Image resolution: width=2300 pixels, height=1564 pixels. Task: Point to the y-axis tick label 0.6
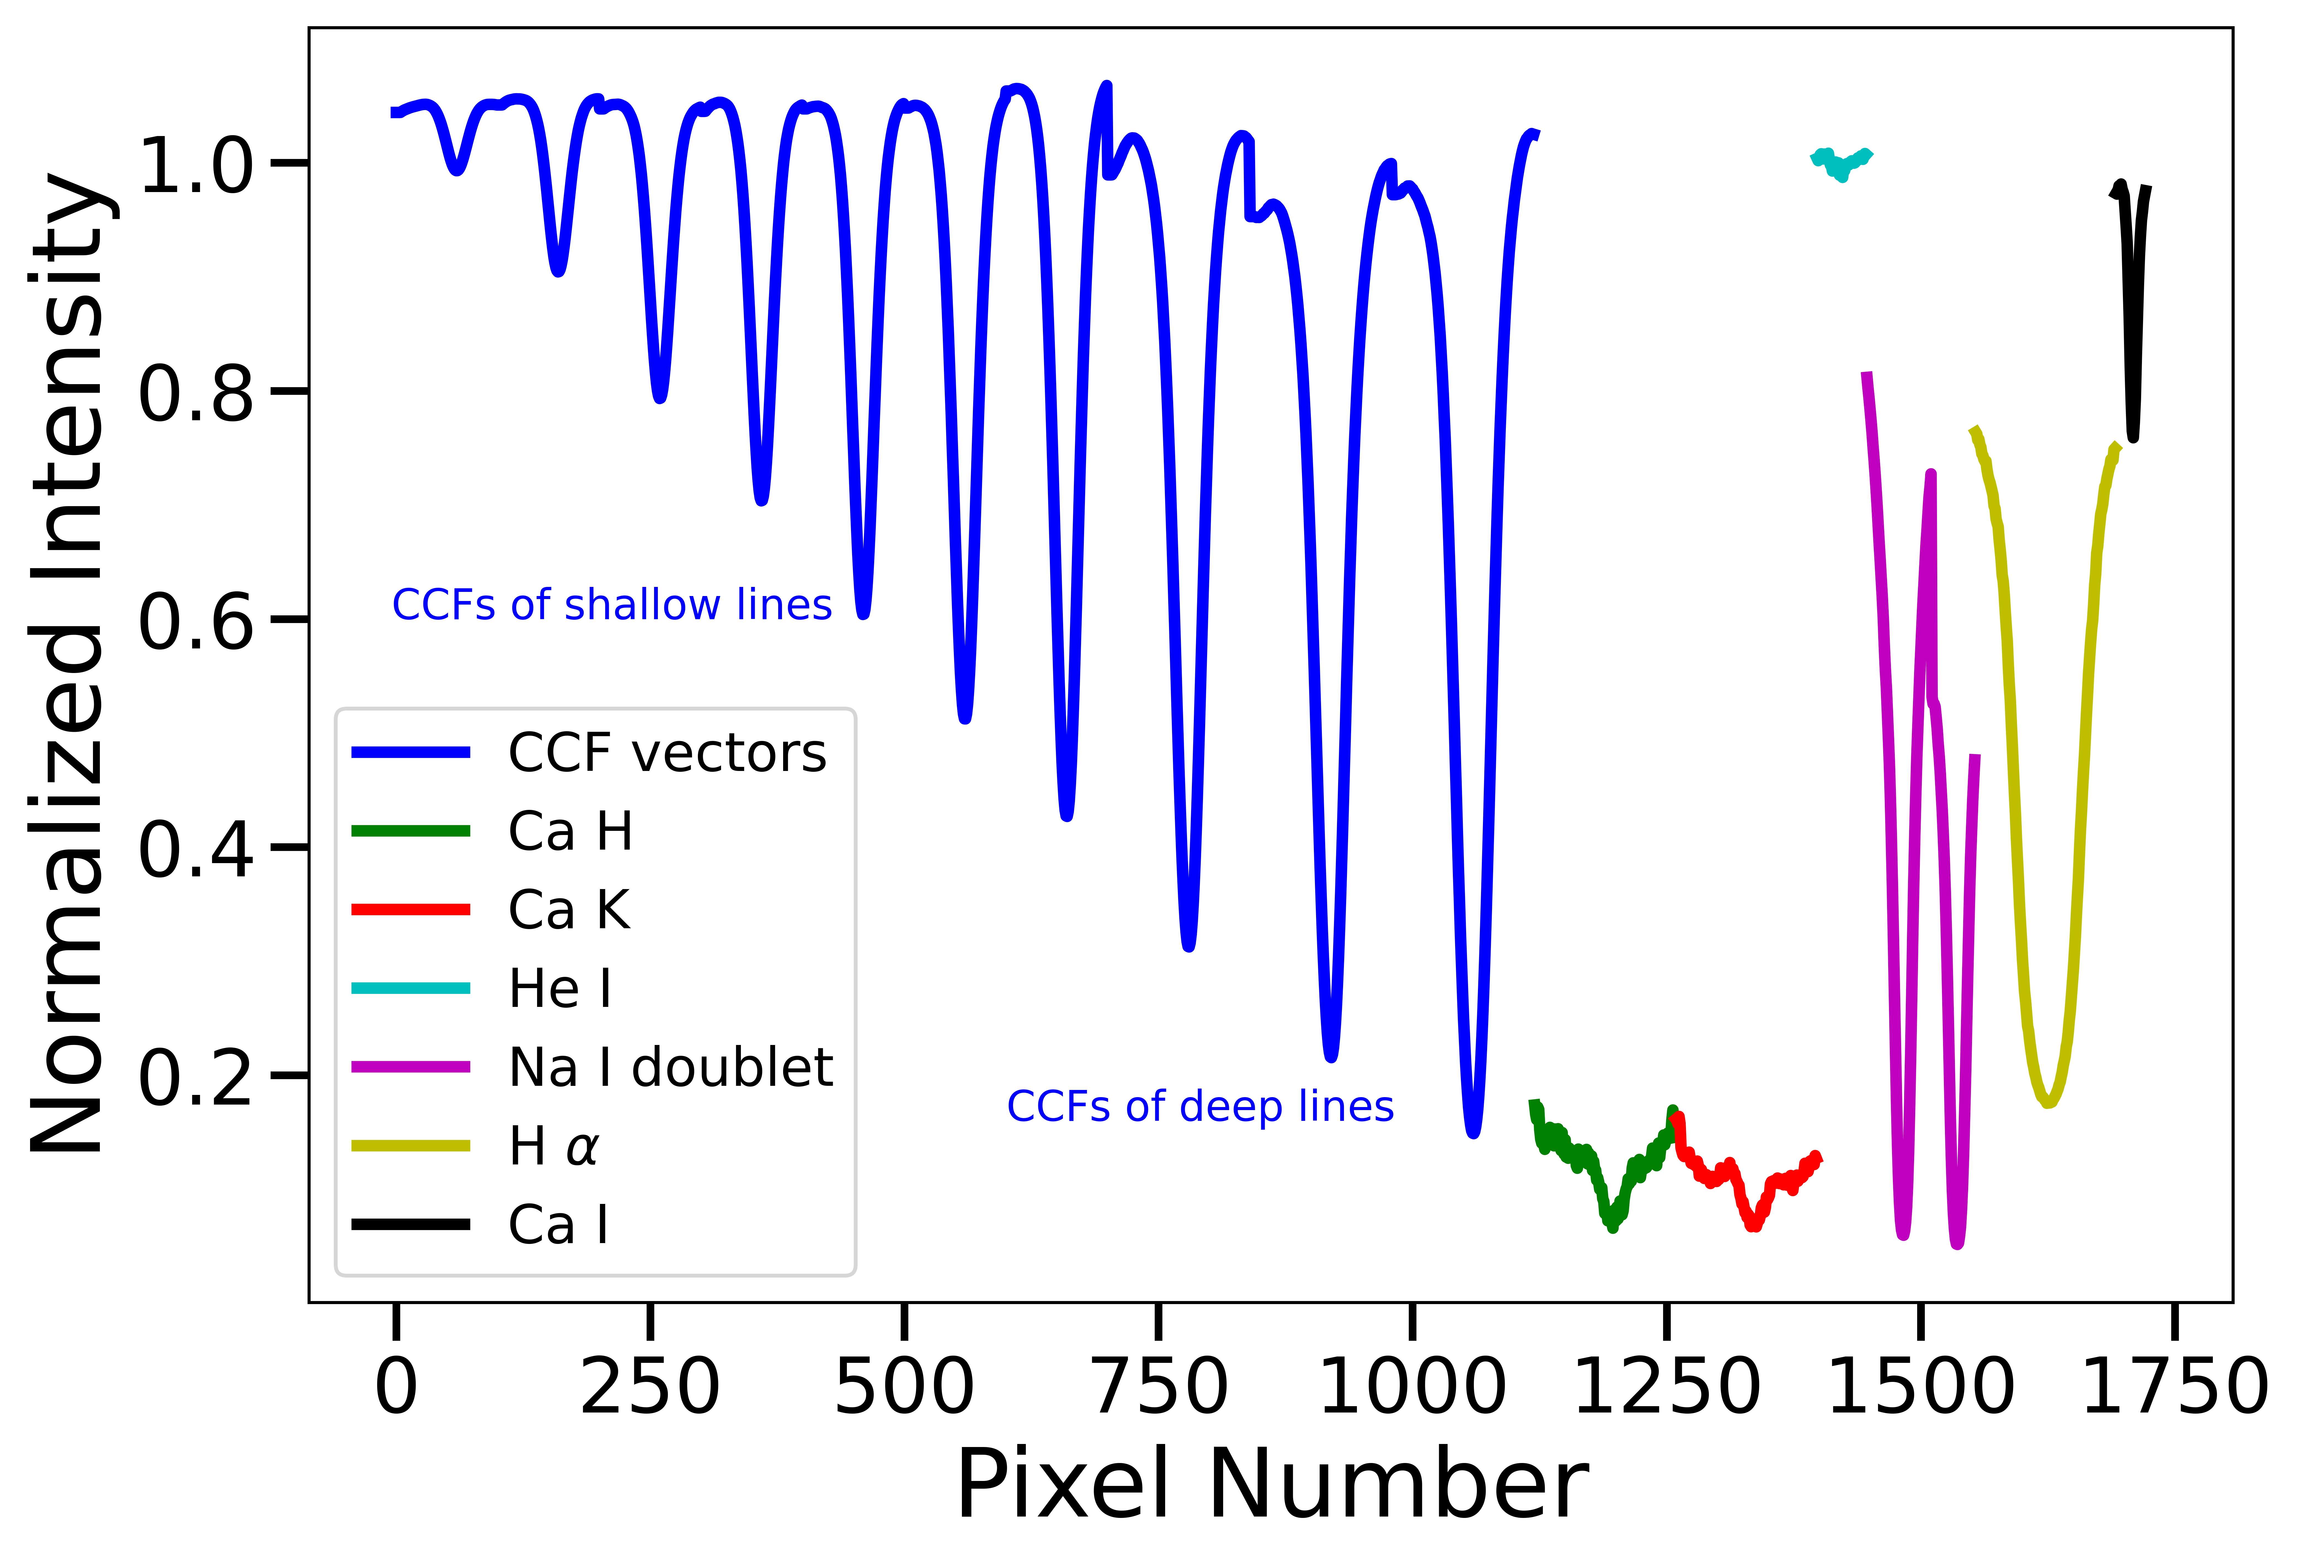(x=196, y=622)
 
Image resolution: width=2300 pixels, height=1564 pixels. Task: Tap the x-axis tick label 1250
(x=1667, y=1388)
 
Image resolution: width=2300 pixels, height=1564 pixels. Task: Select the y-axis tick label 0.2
(x=196, y=1077)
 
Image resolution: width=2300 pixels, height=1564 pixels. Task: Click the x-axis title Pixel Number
(x=1272, y=1485)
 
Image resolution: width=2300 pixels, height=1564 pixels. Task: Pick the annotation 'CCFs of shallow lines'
(x=612, y=605)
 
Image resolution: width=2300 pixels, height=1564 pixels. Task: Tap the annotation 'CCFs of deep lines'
(x=1199, y=1107)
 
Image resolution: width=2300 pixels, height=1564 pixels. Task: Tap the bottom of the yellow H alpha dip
(x=2049, y=1101)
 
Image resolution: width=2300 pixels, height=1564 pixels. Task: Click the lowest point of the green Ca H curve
(x=1613, y=1225)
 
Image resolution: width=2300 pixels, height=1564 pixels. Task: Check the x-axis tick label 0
(x=396, y=1388)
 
